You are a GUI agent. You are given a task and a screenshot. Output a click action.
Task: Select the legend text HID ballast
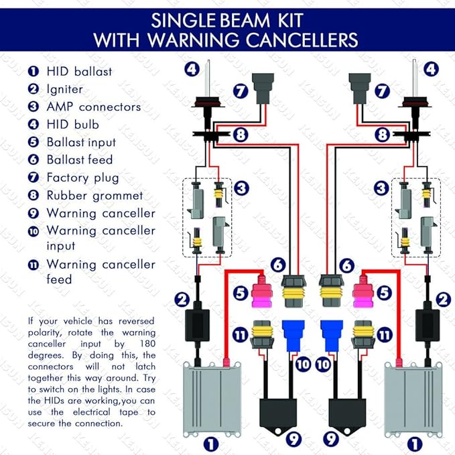(79, 71)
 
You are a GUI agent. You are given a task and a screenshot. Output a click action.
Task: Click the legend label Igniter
(65, 88)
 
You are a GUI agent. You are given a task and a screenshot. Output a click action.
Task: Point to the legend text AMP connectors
(94, 107)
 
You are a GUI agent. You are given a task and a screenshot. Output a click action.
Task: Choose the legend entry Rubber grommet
(94, 196)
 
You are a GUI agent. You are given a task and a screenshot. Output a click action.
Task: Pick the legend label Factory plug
(82, 178)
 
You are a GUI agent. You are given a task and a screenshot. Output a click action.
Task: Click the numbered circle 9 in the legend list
(33, 214)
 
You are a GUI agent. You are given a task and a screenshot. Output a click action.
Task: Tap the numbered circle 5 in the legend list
(33, 142)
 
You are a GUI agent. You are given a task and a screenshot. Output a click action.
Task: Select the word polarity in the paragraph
(48, 332)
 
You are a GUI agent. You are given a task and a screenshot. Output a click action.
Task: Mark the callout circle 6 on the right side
(346, 265)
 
